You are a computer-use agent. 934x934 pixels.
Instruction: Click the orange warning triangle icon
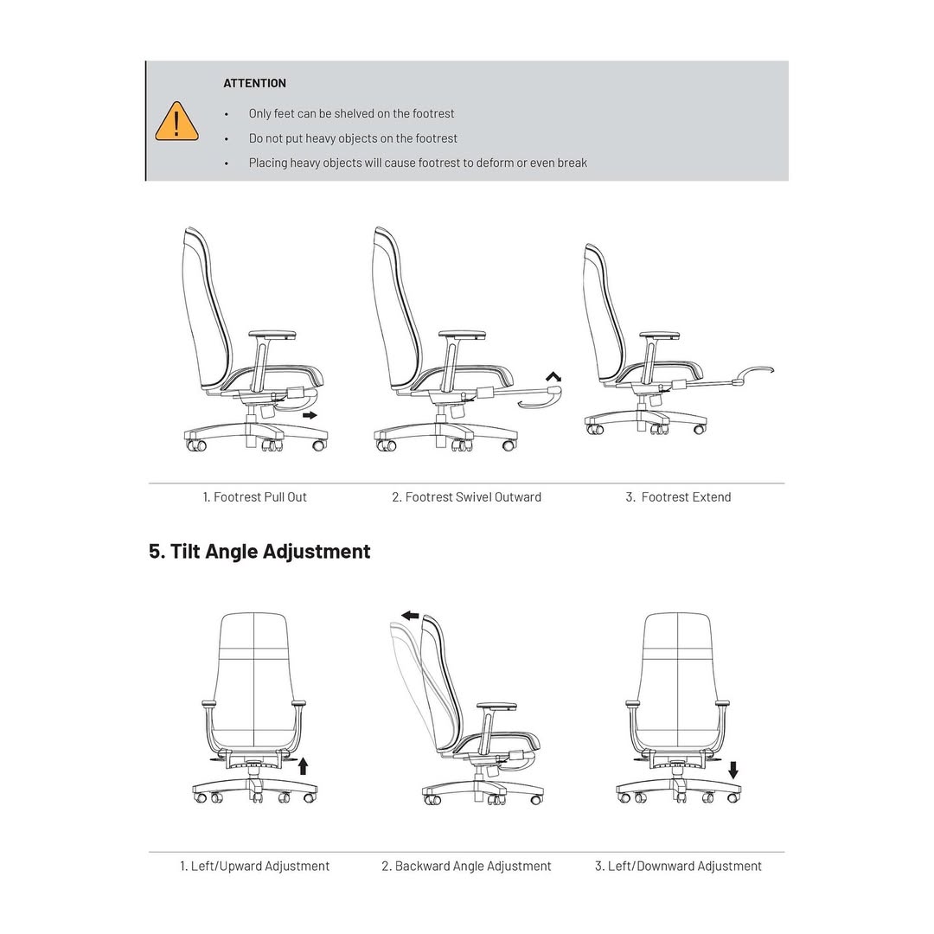pyautogui.click(x=176, y=122)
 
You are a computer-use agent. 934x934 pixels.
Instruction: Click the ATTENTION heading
pyautogui.click(x=254, y=83)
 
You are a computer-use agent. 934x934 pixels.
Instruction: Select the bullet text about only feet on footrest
pyautogui.click(x=351, y=113)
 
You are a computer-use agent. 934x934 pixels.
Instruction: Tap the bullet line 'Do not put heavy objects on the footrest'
pyautogui.click(x=353, y=138)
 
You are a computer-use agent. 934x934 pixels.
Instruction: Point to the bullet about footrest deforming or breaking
pyautogui.click(x=418, y=163)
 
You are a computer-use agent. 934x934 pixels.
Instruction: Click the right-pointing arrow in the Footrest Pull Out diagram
pyautogui.click(x=310, y=415)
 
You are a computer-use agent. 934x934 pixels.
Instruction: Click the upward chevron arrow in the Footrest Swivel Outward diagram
pyautogui.click(x=553, y=376)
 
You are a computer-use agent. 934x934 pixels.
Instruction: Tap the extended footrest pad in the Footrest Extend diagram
pyautogui.click(x=752, y=372)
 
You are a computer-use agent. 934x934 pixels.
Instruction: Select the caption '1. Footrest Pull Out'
pyautogui.click(x=254, y=497)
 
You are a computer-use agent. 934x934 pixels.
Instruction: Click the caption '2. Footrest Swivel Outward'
pyautogui.click(x=466, y=497)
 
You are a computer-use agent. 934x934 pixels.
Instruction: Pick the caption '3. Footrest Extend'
pyautogui.click(x=678, y=497)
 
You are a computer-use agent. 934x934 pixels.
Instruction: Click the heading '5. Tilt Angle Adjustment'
pyautogui.click(x=259, y=552)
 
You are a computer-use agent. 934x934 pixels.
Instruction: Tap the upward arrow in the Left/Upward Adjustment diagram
pyautogui.click(x=303, y=765)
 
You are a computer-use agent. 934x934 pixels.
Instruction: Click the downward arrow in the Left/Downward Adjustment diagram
pyautogui.click(x=733, y=770)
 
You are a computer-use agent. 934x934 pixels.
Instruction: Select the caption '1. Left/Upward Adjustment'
pyautogui.click(x=254, y=866)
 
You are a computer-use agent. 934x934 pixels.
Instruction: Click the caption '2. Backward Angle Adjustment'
pyautogui.click(x=466, y=866)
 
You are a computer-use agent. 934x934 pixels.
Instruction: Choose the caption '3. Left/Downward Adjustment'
pyautogui.click(x=678, y=866)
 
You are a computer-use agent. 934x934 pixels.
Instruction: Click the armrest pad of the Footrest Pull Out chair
pyautogui.click(x=272, y=334)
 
